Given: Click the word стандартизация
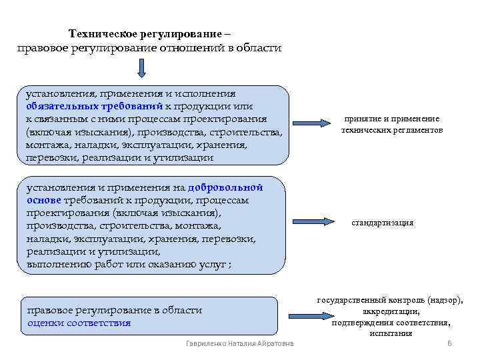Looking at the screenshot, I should pos(382,223).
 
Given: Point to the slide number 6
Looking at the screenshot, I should pos(449,343).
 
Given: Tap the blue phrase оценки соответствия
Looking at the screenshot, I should pos(79,323).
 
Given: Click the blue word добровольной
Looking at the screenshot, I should pos(226,187).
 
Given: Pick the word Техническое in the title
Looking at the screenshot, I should pos(103,33).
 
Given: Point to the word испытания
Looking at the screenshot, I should pos(391,333).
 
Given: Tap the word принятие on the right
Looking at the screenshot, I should pos(362,119).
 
